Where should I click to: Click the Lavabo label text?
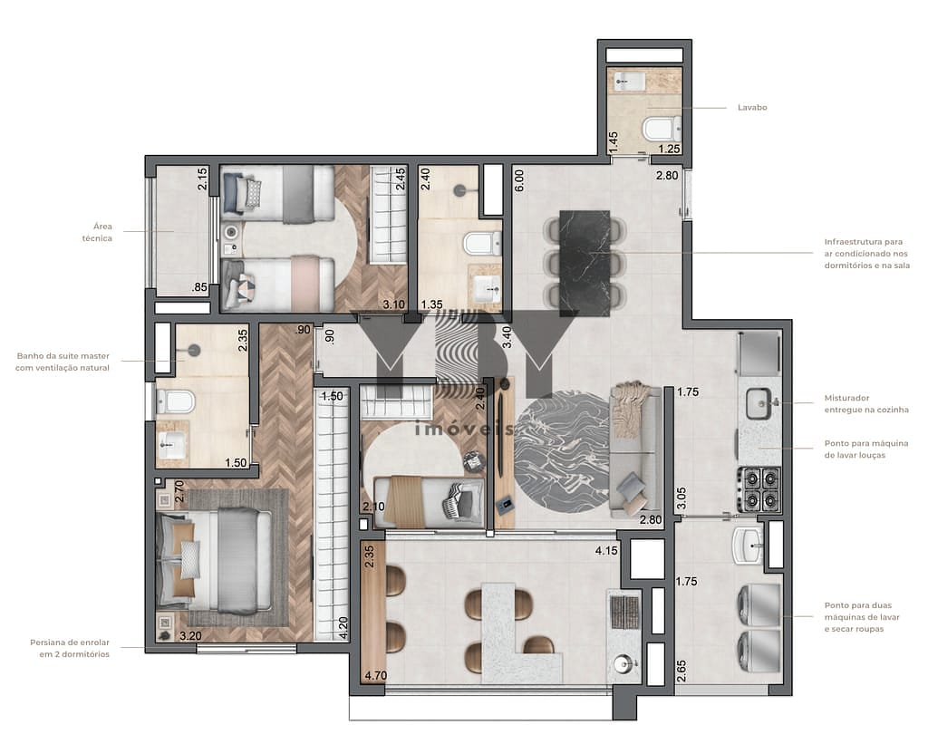pyautogui.click(x=751, y=107)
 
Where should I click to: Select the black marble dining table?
pyautogui.click(x=585, y=264)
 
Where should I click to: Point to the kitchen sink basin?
pyautogui.click(x=759, y=403)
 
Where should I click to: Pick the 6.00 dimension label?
pyautogui.click(x=518, y=180)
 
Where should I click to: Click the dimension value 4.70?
pyautogui.click(x=376, y=675)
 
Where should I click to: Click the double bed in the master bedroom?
pyautogui.click(x=215, y=560)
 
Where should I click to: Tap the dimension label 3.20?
pyautogui.click(x=190, y=636)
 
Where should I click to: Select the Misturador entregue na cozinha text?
pyautogui.click(x=865, y=403)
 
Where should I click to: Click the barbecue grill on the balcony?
pyautogui.click(x=624, y=612)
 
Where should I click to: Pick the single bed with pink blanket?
pyautogui.click(x=278, y=284)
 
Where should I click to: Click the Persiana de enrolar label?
pyautogui.click(x=70, y=648)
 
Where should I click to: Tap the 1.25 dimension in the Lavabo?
pyautogui.click(x=670, y=149)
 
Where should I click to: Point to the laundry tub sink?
pyautogui.click(x=748, y=546)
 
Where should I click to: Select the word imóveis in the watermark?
pyautogui.click(x=464, y=428)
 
